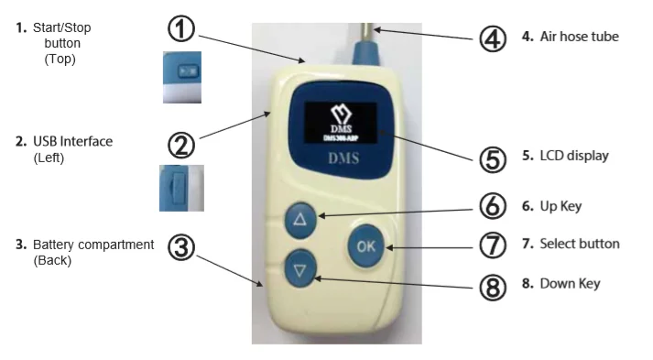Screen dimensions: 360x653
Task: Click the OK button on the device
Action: [x=365, y=245]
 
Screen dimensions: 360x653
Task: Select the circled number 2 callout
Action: [x=181, y=145]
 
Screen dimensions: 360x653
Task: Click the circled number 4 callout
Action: [x=494, y=39]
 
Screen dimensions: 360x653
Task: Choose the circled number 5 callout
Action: [x=494, y=158]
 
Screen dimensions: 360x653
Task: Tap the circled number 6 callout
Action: [x=494, y=206]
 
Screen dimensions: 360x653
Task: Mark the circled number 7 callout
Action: [x=494, y=245]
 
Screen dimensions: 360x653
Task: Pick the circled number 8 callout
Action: [x=494, y=286]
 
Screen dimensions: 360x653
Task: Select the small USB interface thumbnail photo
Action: [x=180, y=188]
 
